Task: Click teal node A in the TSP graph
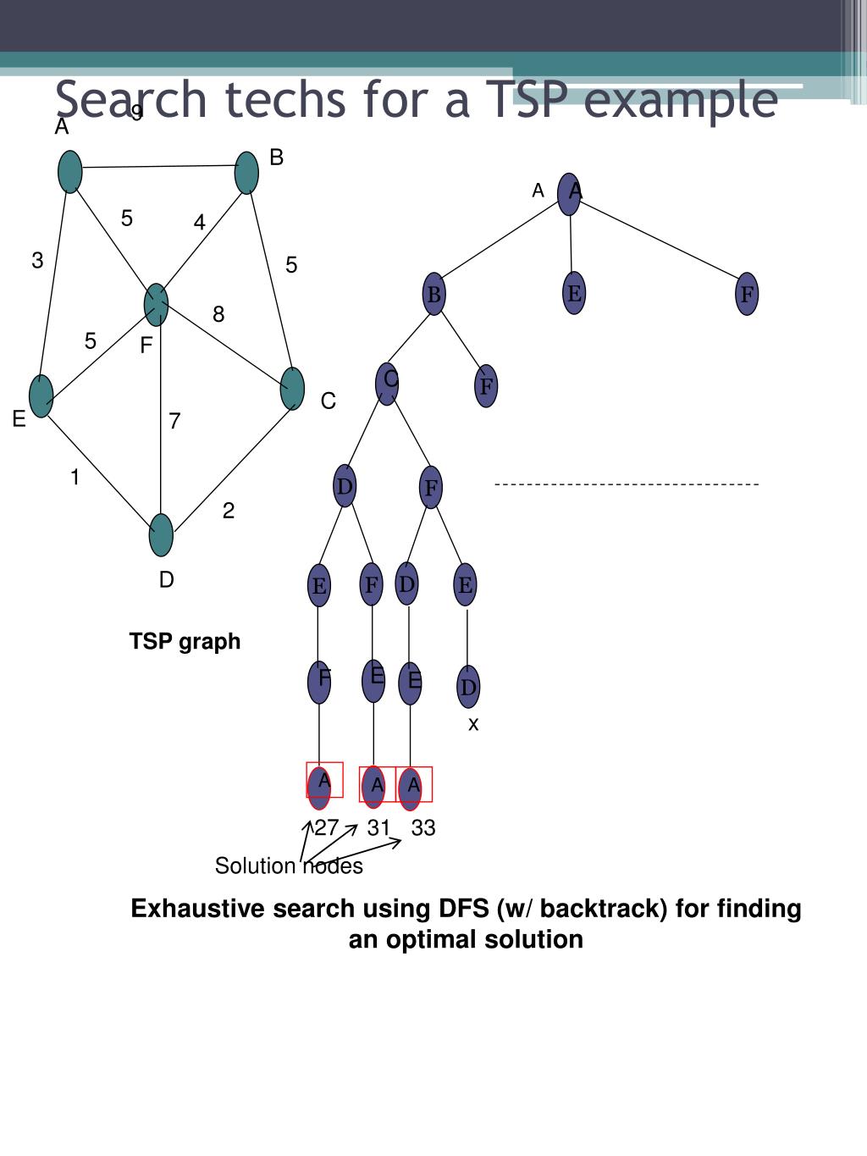tap(70, 172)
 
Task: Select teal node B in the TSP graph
tap(246, 173)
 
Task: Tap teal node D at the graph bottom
tap(161, 535)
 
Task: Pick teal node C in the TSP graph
tap(292, 389)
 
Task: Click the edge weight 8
tap(218, 315)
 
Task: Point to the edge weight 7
tap(174, 421)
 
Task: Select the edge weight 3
tap(37, 261)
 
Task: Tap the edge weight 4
tap(199, 223)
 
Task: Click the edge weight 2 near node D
tap(229, 511)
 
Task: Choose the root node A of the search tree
tap(570, 194)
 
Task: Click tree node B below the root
tap(434, 295)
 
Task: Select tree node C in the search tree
tap(387, 384)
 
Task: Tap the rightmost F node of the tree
tap(747, 295)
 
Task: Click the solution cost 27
tap(327, 828)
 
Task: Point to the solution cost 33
tap(423, 828)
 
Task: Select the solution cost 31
tap(378, 828)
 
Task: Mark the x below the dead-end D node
tap(473, 724)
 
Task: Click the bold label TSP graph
tap(185, 642)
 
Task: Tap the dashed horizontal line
tap(627, 484)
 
